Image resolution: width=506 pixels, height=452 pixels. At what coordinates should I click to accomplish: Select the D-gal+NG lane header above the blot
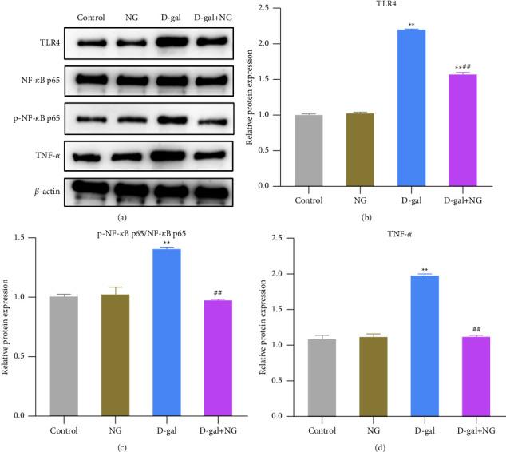pyautogui.click(x=210, y=16)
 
